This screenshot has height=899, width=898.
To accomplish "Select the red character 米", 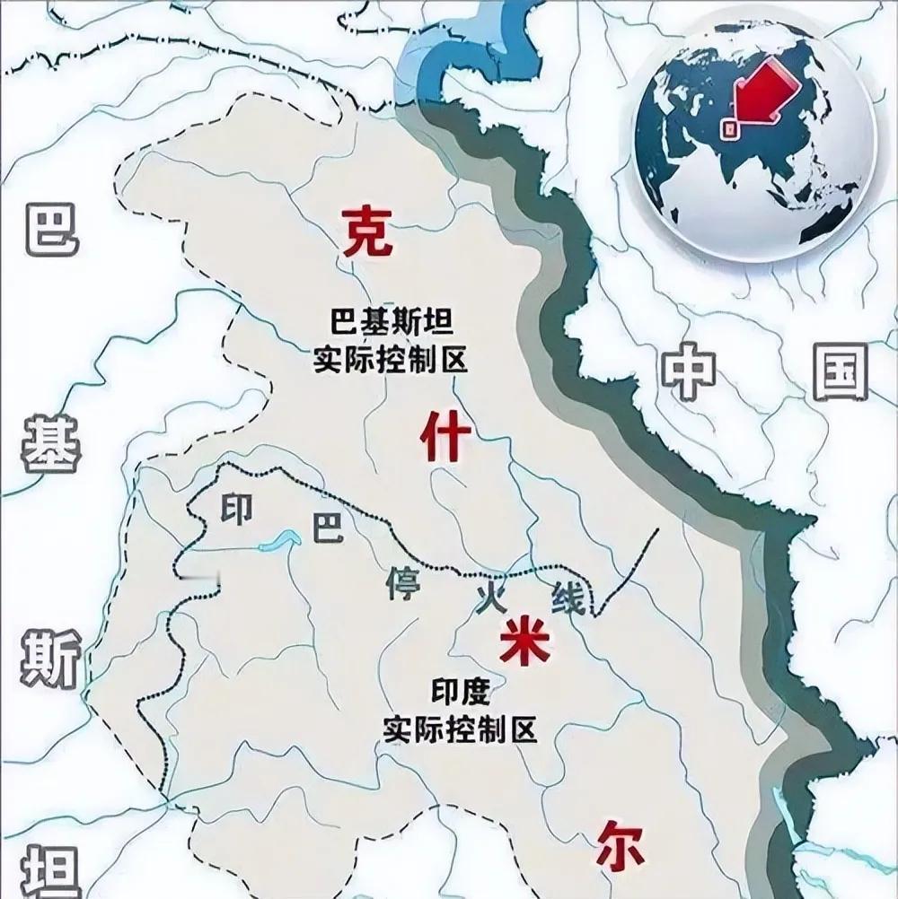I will tap(522, 640).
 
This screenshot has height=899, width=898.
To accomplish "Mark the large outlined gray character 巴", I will tap(49, 231).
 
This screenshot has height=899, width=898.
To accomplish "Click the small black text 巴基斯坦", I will tap(390, 319).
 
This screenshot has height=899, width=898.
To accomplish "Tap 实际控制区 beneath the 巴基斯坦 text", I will tap(390, 361).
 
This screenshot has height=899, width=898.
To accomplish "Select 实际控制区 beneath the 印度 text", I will tap(459, 729).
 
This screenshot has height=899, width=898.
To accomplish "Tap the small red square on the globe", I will tap(731, 128).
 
